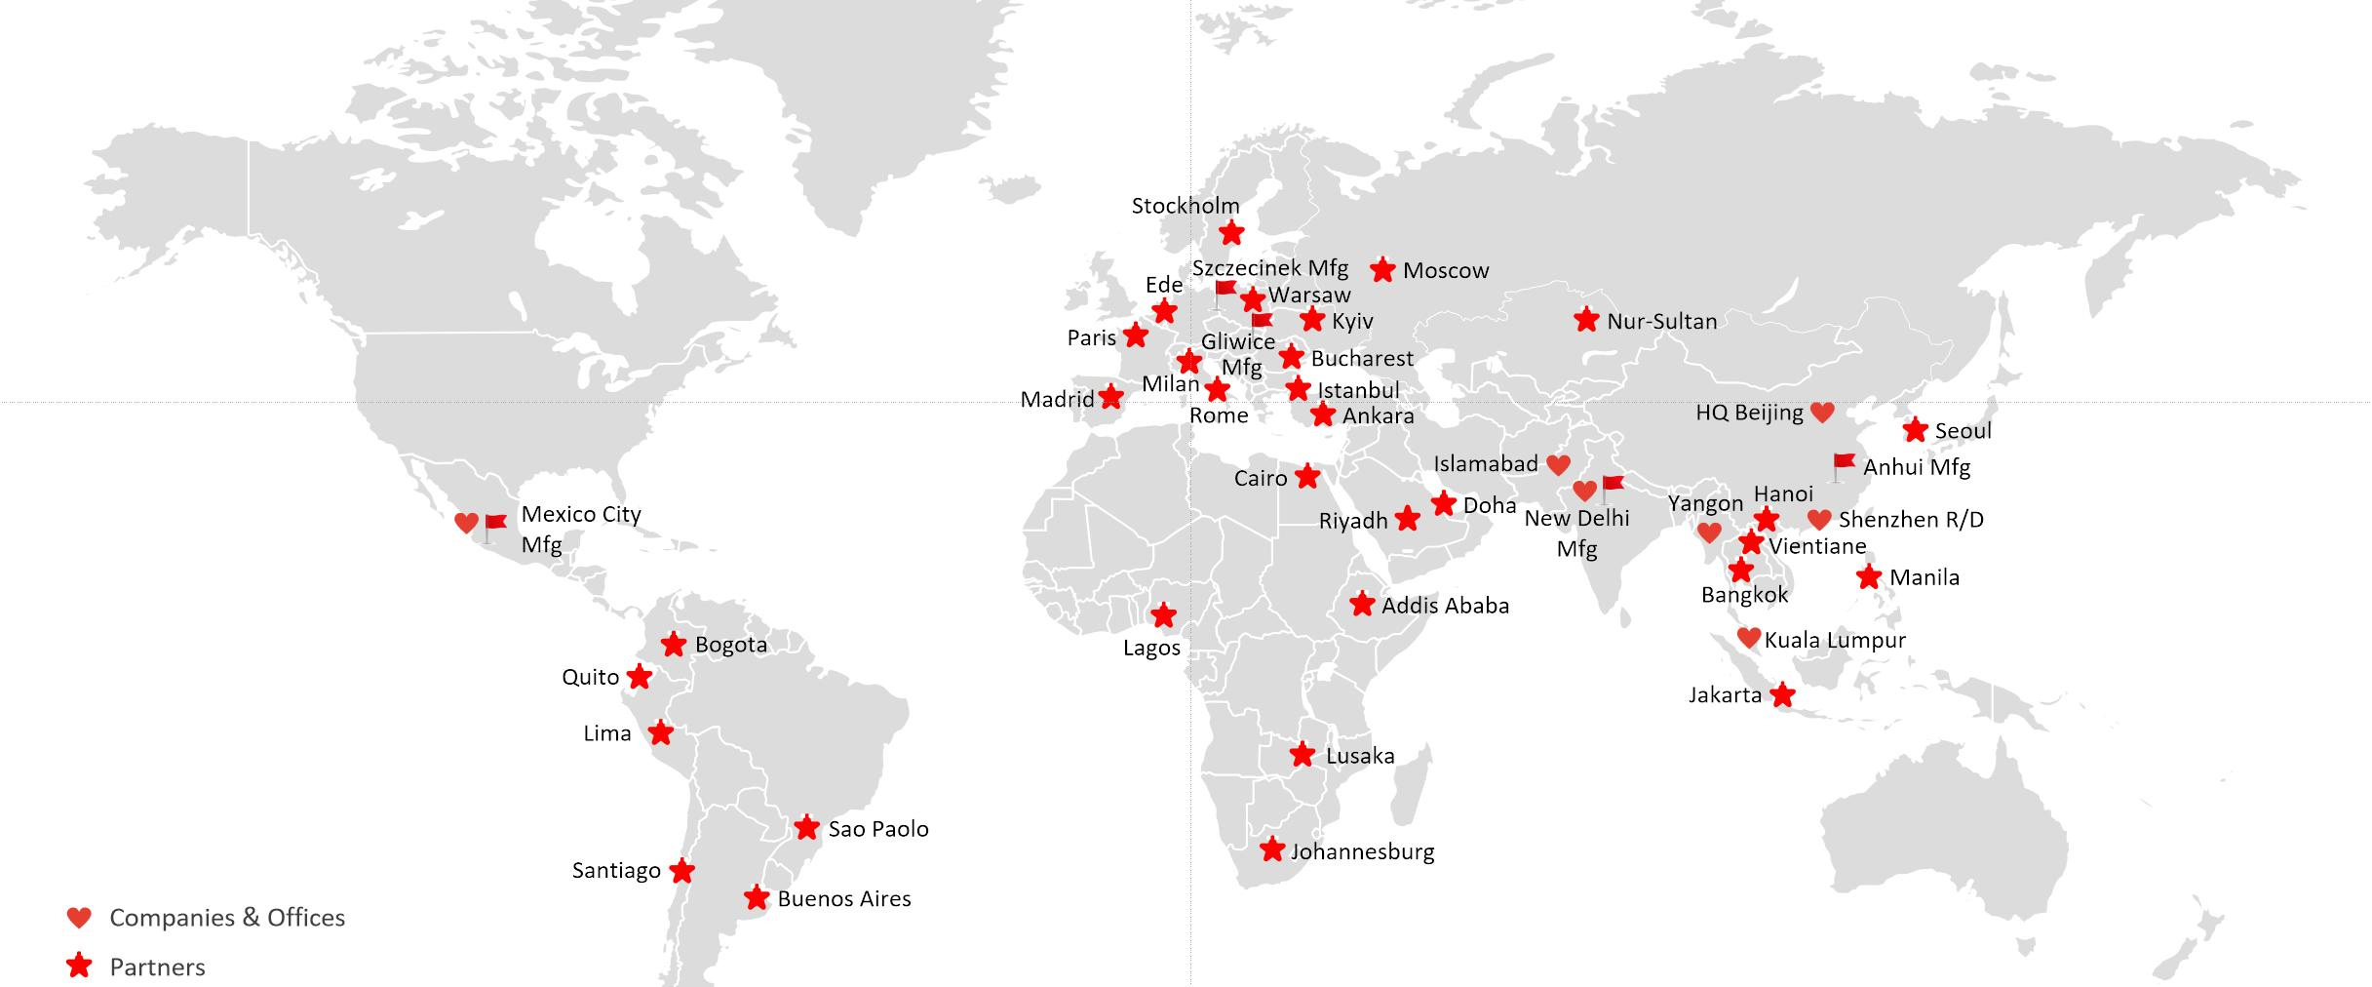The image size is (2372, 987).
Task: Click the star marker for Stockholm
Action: click(x=1231, y=232)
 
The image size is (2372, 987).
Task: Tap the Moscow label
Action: click(x=1445, y=270)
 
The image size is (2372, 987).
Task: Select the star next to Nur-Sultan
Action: click(x=1586, y=319)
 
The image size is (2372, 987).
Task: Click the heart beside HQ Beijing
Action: click(x=1821, y=413)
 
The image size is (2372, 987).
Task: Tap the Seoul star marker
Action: click(x=1915, y=429)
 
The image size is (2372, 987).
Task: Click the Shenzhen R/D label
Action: click(x=1910, y=519)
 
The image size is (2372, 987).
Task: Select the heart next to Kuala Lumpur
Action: click(x=1748, y=638)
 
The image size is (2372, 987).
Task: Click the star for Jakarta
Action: click(x=1781, y=694)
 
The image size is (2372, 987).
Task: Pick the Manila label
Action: click(x=1924, y=576)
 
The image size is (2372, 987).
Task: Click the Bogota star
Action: click(x=673, y=644)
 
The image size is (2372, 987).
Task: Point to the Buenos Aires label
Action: click(x=843, y=898)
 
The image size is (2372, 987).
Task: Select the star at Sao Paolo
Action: click(x=806, y=827)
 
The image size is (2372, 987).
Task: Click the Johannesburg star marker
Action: click(x=1271, y=849)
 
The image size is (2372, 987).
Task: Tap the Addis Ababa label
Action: click(x=1445, y=605)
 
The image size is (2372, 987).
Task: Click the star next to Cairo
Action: click(x=1306, y=477)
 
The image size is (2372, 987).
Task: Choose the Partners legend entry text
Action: click(x=157, y=967)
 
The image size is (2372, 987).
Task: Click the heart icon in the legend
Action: click(x=79, y=917)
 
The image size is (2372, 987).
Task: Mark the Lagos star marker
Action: click(x=1163, y=614)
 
